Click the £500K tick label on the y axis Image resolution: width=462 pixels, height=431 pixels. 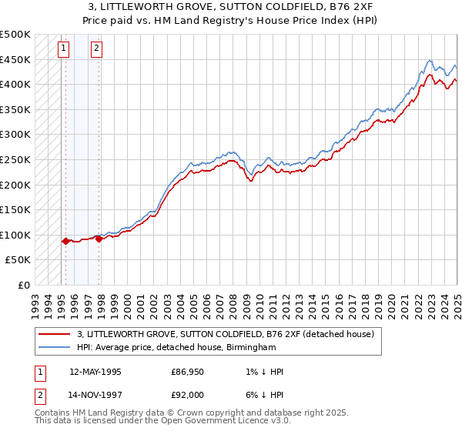[x=15, y=35]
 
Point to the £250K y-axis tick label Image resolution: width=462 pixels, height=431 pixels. [x=15, y=159]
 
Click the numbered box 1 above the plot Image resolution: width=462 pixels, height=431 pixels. [x=63, y=48]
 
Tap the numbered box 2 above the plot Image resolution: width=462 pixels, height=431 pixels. [x=96, y=48]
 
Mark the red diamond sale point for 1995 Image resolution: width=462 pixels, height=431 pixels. [x=65, y=241]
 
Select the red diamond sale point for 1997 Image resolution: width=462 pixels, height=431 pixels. [x=99, y=239]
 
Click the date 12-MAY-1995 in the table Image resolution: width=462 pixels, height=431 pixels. [x=95, y=372]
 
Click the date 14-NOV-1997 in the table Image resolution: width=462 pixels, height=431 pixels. [x=95, y=394]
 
